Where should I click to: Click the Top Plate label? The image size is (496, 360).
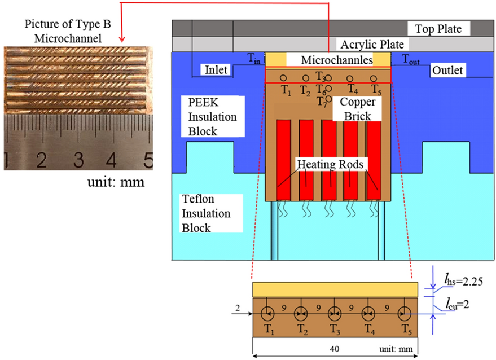(x=438, y=29)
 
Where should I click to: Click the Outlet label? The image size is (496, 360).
(x=447, y=71)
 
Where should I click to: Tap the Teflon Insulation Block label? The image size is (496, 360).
(x=205, y=214)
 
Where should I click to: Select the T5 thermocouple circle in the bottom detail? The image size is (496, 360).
(x=404, y=311)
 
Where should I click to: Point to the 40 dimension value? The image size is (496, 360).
(x=335, y=349)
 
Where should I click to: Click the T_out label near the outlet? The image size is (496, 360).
(x=411, y=58)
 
